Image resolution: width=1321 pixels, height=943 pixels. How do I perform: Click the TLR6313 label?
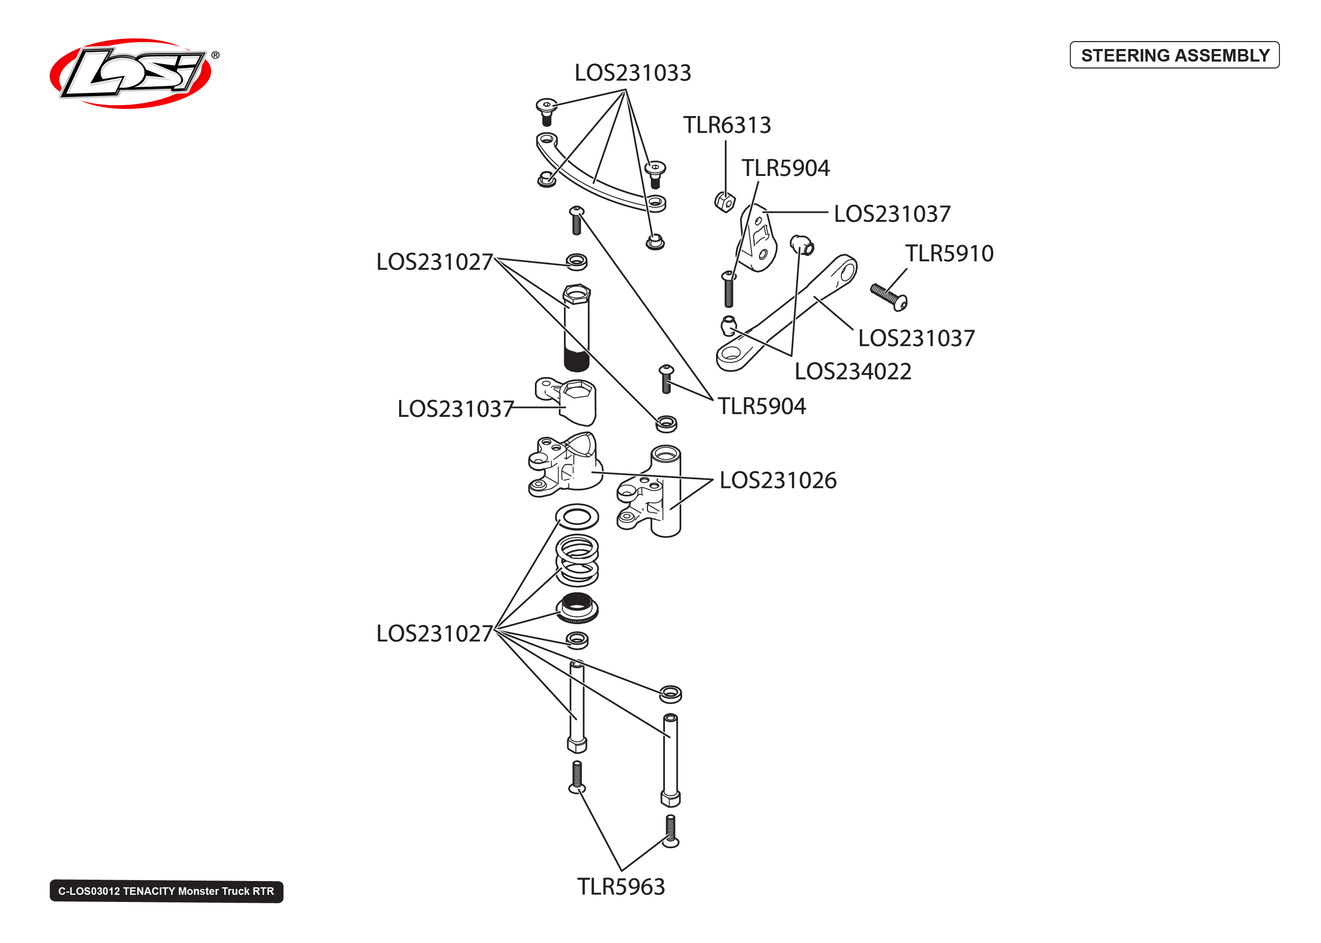[x=726, y=125]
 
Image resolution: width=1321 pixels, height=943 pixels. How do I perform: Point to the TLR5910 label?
[x=949, y=254]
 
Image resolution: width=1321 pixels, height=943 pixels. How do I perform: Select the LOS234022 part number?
[x=852, y=372]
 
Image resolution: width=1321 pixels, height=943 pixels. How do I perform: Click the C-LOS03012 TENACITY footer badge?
[x=166, y=891]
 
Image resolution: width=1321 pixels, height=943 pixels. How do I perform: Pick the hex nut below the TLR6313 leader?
[x=724, y=202]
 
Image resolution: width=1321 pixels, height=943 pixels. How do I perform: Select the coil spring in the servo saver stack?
[x=577, y=561]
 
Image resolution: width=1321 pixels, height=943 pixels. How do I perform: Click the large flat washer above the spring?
[x=577, y=516]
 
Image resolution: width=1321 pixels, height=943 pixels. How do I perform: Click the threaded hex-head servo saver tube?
[x=576, y=328]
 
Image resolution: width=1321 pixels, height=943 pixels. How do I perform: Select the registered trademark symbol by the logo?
[x=215, y=55]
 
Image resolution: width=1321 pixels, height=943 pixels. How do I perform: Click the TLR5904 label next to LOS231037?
[x=785, y=168]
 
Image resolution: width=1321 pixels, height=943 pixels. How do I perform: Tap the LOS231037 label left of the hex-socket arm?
[x=455, y=409]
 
